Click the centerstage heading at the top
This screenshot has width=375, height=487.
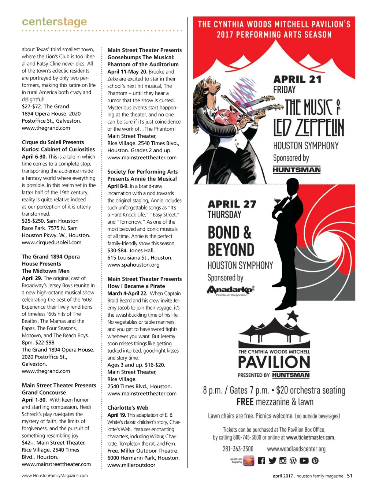[x=54, y=22]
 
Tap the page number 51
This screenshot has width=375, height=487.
[x=350, y=476]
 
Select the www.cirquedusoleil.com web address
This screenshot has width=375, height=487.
[x=52, y=242]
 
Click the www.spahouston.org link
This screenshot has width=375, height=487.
[x=133, y=265]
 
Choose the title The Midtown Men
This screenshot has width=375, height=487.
[x=45, y=271]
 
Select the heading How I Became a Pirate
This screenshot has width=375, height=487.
[x=136, y=286]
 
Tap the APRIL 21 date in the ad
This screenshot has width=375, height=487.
[x=297, y=79]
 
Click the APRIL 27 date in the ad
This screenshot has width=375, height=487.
[x=232, y=204]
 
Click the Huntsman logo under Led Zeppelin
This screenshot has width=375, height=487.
[x=297, y=170]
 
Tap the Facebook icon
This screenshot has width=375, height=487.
[x=261, y=461]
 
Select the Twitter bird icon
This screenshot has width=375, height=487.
[x=272, y=461]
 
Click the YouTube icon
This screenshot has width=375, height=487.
[x=304, y=461]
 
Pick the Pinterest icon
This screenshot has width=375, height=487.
[x=315, y=461]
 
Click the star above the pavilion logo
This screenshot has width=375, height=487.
[x=292, y=316]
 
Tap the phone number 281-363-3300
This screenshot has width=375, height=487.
[x=238, y=449]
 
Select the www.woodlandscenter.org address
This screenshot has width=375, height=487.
[x=296, y=449]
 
